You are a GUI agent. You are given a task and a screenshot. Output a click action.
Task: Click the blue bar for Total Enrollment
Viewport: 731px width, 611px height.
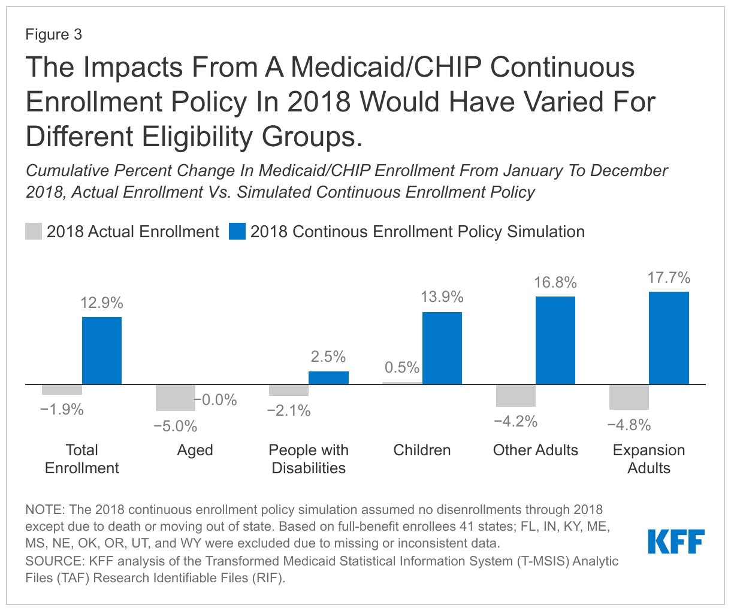102,350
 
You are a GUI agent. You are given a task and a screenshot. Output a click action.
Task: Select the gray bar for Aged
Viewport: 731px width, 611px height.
175,398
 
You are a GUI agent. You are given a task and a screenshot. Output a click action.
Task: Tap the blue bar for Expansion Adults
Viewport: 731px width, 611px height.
669,338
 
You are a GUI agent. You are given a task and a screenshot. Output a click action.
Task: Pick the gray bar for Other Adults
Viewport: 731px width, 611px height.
515,395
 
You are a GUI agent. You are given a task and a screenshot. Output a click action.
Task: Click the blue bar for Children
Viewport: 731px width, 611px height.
442,348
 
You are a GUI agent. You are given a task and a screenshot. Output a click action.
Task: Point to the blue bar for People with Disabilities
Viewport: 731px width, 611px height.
328,378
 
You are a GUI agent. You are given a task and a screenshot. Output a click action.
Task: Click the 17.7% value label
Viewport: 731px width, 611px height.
669,278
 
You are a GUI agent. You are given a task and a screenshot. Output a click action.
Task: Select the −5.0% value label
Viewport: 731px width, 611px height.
175,427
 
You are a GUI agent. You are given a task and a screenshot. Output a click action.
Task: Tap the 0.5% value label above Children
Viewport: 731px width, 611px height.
401,368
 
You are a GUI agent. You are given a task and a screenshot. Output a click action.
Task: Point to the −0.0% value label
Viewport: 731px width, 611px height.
215,400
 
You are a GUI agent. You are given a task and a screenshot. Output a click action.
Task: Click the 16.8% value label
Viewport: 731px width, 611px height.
555,283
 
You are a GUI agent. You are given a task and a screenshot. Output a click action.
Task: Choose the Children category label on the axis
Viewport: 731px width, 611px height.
422,450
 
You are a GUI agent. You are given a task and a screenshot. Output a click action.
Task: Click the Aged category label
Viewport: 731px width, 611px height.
195,450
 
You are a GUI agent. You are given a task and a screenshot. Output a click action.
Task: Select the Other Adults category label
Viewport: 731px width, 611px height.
535,450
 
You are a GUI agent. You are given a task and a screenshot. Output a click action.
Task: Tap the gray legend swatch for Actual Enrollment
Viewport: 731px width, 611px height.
34,232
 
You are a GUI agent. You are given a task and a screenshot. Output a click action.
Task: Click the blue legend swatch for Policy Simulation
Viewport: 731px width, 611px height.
237,232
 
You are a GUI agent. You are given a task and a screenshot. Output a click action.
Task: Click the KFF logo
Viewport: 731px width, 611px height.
676,542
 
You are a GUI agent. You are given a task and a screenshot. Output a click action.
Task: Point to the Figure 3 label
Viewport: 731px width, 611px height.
53,35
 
